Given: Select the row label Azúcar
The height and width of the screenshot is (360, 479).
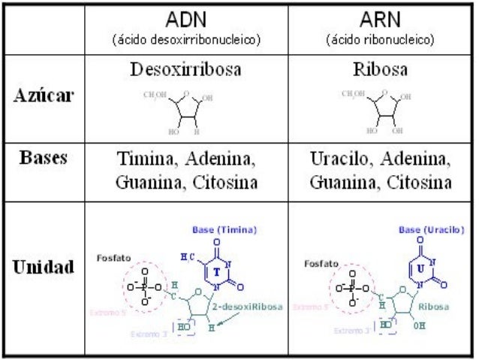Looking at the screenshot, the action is point(43,98).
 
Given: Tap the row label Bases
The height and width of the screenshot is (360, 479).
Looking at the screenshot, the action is point(44,159).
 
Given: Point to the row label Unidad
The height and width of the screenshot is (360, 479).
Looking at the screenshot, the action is point(43,268).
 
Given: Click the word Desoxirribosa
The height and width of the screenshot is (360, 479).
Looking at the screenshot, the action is point(186,71).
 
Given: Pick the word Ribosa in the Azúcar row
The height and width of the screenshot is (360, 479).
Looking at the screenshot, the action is point(380,71).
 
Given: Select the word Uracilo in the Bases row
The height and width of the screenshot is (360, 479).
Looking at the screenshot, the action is point(339,160).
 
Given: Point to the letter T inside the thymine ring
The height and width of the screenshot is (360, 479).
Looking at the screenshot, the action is point(217,271).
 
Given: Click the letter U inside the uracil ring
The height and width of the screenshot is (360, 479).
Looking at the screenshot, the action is point(421,267).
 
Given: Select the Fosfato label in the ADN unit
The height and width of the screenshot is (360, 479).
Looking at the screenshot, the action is point(116,257).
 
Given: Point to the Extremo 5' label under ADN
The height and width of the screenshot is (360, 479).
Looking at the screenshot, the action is point(106,311).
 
